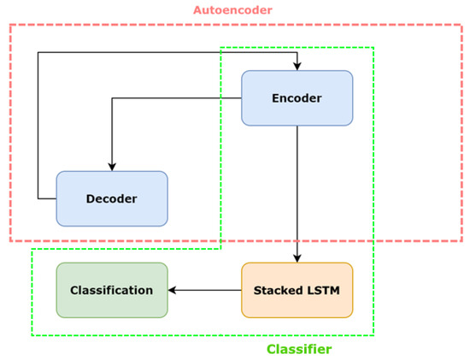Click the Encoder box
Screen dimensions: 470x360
tap(297, 98)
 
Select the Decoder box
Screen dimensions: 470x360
tap(112, 198)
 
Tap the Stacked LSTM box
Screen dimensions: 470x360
tap(297, 290)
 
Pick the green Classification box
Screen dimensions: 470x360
tap(112, 290)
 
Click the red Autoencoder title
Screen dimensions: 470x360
tap(233, 10)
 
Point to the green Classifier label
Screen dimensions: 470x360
tap(299, 349)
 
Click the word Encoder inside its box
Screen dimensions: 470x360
tap(297, 98)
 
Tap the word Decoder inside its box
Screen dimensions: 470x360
tap(112, 198)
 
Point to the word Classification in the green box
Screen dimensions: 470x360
tap(111, 290)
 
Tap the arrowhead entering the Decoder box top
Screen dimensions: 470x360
tap(112, 167)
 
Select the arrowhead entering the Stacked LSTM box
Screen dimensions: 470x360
tap(297, 258)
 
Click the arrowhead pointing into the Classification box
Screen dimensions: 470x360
tap(172, 290)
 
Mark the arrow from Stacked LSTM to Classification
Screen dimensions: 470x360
tap(205, 290)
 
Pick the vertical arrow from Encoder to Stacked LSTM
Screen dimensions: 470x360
tap(297, 194)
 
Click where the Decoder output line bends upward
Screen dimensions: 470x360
tap(38, 198)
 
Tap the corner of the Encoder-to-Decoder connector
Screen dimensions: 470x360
tap(112, 98)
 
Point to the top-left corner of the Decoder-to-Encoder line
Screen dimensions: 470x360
tap(38, 52)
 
